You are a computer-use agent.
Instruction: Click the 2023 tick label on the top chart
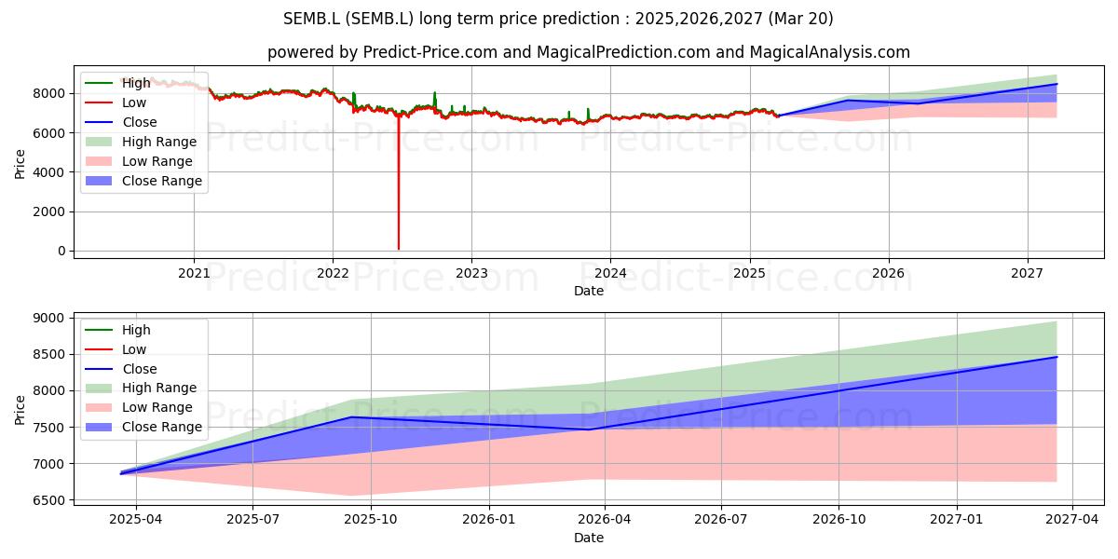point(471,274)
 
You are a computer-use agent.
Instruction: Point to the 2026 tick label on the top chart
point(889,274)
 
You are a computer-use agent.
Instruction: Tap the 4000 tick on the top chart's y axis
point(48,172)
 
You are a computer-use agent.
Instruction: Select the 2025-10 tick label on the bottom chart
point(371,520)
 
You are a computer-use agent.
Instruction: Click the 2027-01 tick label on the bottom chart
point(957,520)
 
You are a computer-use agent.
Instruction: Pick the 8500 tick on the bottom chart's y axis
point(48,354)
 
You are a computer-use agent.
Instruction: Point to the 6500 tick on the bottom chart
point(48,500)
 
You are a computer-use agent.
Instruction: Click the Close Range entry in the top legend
point(143,181)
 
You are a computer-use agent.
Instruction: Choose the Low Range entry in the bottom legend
point(139,407)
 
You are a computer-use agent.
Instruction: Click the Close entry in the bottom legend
point(121,369)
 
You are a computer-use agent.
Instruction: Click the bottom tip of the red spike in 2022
point(399,249)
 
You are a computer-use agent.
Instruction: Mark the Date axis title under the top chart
point(589,291)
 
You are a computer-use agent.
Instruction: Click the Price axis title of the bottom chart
point(20,410)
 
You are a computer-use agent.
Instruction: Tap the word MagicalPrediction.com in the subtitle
point(623,52)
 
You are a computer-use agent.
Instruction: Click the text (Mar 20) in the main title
point(800,19)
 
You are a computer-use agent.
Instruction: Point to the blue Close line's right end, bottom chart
point(1057,357)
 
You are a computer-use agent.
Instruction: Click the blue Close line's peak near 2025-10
point(352,416)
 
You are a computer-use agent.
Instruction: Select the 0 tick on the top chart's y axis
point(61,251)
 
